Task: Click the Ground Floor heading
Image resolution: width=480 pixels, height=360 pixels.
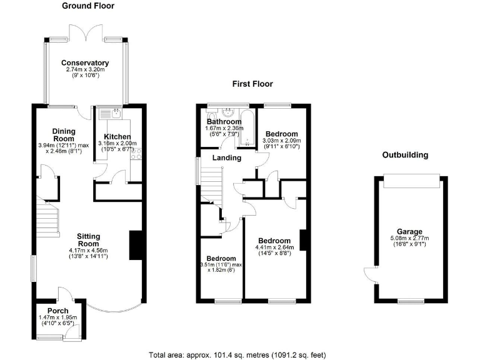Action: coord(87,6)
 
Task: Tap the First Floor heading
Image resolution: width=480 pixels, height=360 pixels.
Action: coord(252,84)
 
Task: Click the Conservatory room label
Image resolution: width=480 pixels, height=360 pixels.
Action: coord(86,63)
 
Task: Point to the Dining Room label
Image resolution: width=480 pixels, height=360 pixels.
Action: coord(64,134)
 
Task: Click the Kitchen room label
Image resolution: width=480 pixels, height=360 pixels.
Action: coord(117,136)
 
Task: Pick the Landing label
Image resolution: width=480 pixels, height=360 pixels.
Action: coord(226,158)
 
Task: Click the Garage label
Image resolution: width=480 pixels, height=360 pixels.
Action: coord(410,231)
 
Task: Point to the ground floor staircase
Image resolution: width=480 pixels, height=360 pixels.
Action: coord(47,219)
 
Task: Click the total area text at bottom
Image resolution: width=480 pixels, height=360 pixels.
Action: coord(237,354)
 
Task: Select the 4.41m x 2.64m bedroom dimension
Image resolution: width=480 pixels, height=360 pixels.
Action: coord(274,248)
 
